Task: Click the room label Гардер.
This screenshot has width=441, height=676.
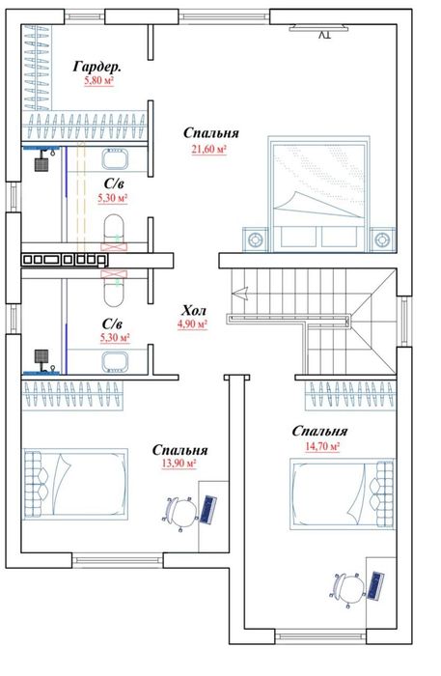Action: [x=96, y=67]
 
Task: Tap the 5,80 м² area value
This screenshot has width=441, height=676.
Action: [x=99, y=80]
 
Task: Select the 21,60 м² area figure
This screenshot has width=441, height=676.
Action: [x=209, y=149]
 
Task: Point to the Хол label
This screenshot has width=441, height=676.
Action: [x=194, y=310]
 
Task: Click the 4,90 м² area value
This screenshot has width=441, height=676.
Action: [x=192, y=324]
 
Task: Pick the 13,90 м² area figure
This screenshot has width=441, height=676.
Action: [x=179, y=464]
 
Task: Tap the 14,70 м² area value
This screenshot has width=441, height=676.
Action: [x=322, y=446]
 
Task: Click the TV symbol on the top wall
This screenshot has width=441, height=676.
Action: [x=318, y=29]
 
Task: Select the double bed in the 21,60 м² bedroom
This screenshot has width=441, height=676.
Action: [x=318, y=194]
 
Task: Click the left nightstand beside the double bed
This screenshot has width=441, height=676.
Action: [x=255, y=239]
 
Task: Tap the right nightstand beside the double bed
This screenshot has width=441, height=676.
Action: [x=383, y=239]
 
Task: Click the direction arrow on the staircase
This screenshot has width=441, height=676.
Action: [x=240, y=294]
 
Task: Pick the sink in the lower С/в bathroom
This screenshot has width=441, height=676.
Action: [x=115, y=361]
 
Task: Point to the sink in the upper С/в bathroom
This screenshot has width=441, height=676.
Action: [x=115, y=158]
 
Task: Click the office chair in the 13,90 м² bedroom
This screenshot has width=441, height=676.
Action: [x=179, y=512]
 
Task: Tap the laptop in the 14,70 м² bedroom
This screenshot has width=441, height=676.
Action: [x=375, y=585]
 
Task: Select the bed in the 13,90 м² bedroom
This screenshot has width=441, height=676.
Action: [x=75, y=484]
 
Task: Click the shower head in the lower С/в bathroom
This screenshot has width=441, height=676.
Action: [x=41, y=356]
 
